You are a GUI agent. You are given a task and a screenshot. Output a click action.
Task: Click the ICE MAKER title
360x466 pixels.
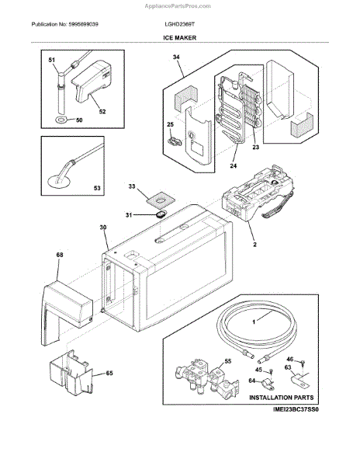click(x=179, y=38)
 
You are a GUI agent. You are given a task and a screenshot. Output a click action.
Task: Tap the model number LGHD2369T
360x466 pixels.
click(x=179, y=24)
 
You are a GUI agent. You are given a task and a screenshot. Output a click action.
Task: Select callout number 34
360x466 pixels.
click(x=176, y=57)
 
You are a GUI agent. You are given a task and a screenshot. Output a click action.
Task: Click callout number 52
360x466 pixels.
click(x=102, y=111)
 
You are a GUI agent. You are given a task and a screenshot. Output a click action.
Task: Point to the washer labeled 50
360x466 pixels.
click(x=62, y=120)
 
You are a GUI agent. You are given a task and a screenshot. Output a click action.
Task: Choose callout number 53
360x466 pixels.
click(x=97, y=188)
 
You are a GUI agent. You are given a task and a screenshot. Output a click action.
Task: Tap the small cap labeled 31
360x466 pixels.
click(x=161, y=214)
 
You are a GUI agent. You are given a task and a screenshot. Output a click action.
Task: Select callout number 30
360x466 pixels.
click(x=102, y=227)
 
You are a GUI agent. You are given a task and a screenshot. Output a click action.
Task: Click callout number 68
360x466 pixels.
click(x=60, y=255)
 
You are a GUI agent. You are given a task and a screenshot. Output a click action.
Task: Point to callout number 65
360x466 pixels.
click(x=109, y=373)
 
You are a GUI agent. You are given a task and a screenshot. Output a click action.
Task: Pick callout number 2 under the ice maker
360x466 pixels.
click(x=254, y=245)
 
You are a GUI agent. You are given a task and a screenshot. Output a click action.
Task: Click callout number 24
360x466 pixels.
click(x=234, y=166)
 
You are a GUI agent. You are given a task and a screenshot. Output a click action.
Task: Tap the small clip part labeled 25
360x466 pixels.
click(x=175, y=141)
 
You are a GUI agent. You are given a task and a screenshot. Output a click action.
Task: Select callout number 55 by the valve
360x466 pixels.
click(x=228, y=361)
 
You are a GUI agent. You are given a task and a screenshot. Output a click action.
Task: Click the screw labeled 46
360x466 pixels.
click(x=303, y=363)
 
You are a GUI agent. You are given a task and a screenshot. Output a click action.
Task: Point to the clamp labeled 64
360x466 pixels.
click(x=268, y=384)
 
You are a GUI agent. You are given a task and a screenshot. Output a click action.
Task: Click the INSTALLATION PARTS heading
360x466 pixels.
click(x=282, y=398)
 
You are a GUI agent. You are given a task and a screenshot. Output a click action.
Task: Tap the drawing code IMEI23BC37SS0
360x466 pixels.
click(x=296, y=409)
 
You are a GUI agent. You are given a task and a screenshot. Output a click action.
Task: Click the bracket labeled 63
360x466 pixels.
click(x=299, y=380)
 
